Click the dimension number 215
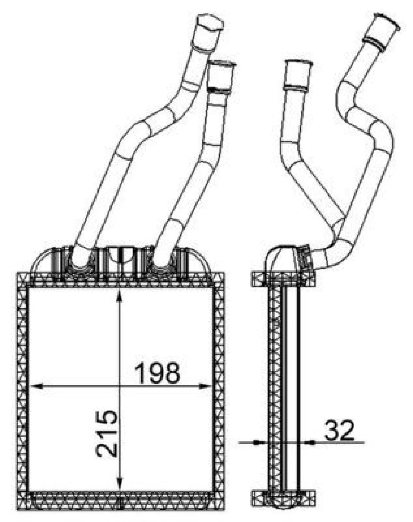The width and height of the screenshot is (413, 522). point(107,434)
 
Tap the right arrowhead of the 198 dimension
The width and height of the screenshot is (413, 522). point(205,386)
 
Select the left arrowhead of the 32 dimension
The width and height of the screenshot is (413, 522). point(260,442)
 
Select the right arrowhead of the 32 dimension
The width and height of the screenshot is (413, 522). point(309,442)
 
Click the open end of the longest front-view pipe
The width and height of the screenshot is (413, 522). point(210,22)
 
